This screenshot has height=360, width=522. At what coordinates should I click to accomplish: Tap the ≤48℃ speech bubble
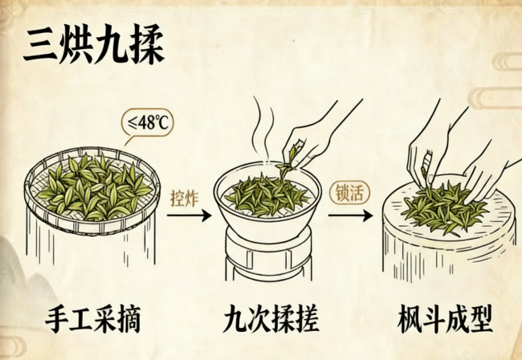click(148, 123)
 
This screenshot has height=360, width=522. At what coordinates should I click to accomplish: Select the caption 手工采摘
click(92, 319)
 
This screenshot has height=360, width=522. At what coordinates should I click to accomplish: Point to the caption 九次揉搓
click(271, 319)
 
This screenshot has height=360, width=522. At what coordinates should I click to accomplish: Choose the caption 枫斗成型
click(445, 319)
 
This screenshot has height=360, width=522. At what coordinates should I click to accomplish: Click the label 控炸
click(184, 198)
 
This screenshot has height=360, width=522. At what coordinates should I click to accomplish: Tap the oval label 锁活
click(349, 193)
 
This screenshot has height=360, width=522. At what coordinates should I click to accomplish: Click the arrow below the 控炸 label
click(189, 215)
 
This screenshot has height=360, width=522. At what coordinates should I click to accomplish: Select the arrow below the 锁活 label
click(350, 215)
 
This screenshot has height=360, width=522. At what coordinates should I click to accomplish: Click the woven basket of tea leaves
click(92, 190)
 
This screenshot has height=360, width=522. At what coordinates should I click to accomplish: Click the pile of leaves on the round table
click(445, 208)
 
